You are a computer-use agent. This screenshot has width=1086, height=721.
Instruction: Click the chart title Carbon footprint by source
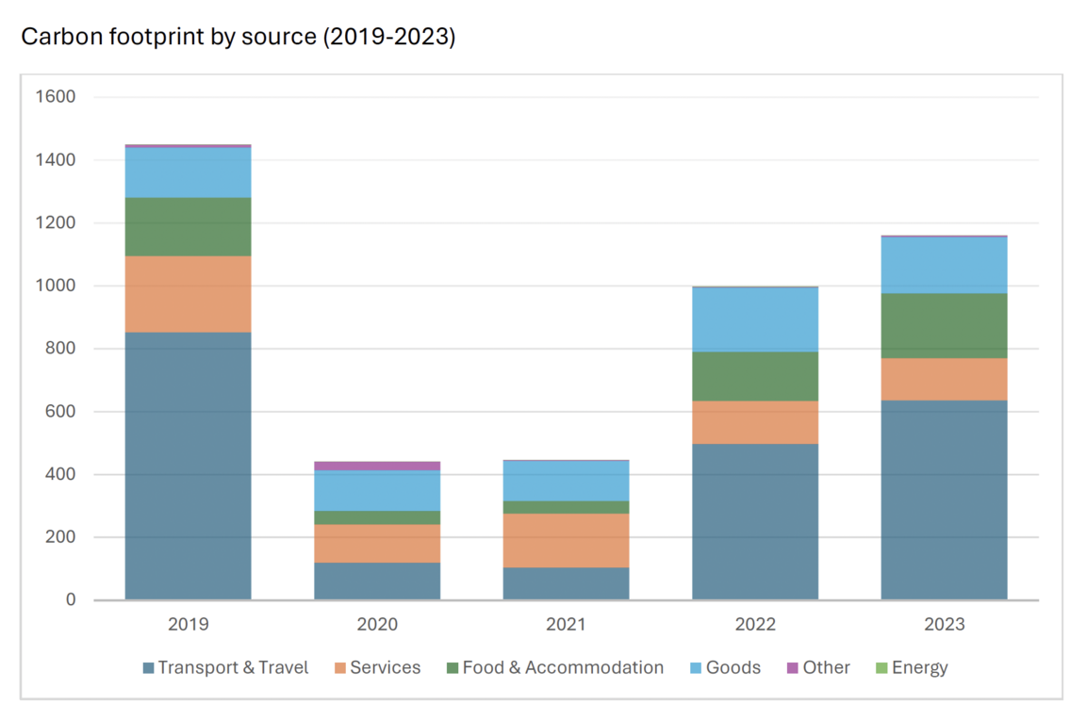tap(238, 37)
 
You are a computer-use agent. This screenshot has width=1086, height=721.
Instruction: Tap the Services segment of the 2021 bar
tap(566, 540)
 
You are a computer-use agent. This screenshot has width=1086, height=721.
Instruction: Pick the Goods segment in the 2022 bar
tap(755, 320)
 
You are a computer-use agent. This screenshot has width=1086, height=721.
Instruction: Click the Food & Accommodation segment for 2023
tap(944, 325)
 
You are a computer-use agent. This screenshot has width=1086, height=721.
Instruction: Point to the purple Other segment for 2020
tap(377, 466)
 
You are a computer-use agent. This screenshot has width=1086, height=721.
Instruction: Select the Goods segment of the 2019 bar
tap(189, 172)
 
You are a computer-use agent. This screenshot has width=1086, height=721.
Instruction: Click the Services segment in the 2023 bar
tap(944, 379)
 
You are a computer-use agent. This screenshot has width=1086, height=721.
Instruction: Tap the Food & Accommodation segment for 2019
tap(189, 226)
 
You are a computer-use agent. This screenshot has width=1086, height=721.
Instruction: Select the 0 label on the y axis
tap(71, 600)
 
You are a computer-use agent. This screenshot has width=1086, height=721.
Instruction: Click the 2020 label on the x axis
tap(377, 624)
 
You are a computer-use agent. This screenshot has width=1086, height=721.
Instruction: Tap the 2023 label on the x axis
tap(944, 624)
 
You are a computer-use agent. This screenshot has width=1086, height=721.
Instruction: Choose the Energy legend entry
tap(911, 667)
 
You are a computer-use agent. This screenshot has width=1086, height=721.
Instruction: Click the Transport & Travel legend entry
tap(225, 667)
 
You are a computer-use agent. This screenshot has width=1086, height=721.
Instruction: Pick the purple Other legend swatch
tap(793, 668)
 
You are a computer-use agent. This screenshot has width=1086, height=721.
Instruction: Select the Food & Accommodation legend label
tap(563, 667)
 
